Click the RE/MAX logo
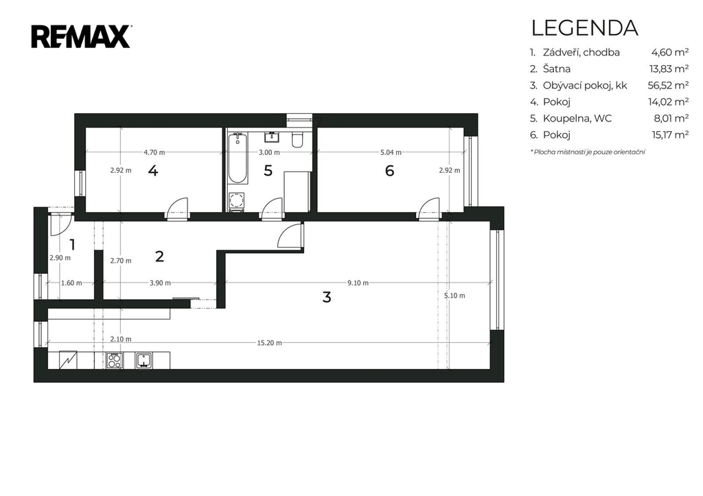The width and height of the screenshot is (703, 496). point(81,36)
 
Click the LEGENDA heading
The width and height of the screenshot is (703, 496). point(585,27)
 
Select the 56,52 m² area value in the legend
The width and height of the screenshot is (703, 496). point(668,85)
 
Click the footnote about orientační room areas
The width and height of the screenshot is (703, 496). point(588,152)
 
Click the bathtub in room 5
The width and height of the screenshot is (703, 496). point(237,158)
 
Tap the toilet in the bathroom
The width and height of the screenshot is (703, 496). point(297,140)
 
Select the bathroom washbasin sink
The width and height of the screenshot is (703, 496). point(272,137)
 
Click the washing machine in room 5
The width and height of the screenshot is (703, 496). point(236,202)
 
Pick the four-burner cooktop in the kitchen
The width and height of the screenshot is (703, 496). point(115,360)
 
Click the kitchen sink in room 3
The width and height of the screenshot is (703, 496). point(144,360)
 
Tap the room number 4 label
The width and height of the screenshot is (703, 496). point(153,171)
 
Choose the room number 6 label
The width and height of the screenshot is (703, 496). point(390,171)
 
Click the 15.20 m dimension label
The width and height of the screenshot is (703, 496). point(269,343)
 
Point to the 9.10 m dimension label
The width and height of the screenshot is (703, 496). point(358,283)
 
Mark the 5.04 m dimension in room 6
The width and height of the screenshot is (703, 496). point(391,152)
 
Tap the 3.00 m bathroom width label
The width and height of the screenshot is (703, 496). point(269,152)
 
